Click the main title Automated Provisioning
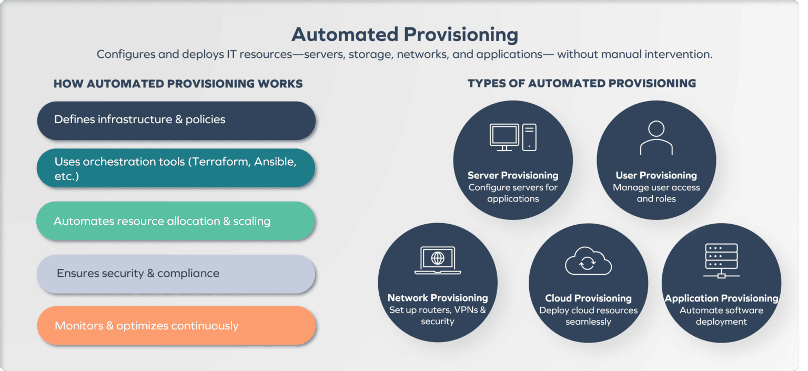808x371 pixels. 405,35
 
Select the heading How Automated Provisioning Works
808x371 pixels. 178,84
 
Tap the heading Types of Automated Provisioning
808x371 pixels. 582,84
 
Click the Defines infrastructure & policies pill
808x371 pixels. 176,120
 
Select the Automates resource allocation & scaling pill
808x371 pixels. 176,222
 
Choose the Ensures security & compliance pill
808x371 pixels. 176,274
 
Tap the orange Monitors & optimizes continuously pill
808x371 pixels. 176,326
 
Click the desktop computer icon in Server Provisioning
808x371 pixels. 513,137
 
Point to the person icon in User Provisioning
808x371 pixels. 656,138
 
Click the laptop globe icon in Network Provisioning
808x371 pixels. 438,260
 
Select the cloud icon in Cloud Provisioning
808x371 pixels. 588,260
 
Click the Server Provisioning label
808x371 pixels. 513,175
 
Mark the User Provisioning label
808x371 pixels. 656,175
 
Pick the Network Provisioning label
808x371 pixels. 438,298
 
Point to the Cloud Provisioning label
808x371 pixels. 588,298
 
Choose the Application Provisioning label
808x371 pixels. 721,298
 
